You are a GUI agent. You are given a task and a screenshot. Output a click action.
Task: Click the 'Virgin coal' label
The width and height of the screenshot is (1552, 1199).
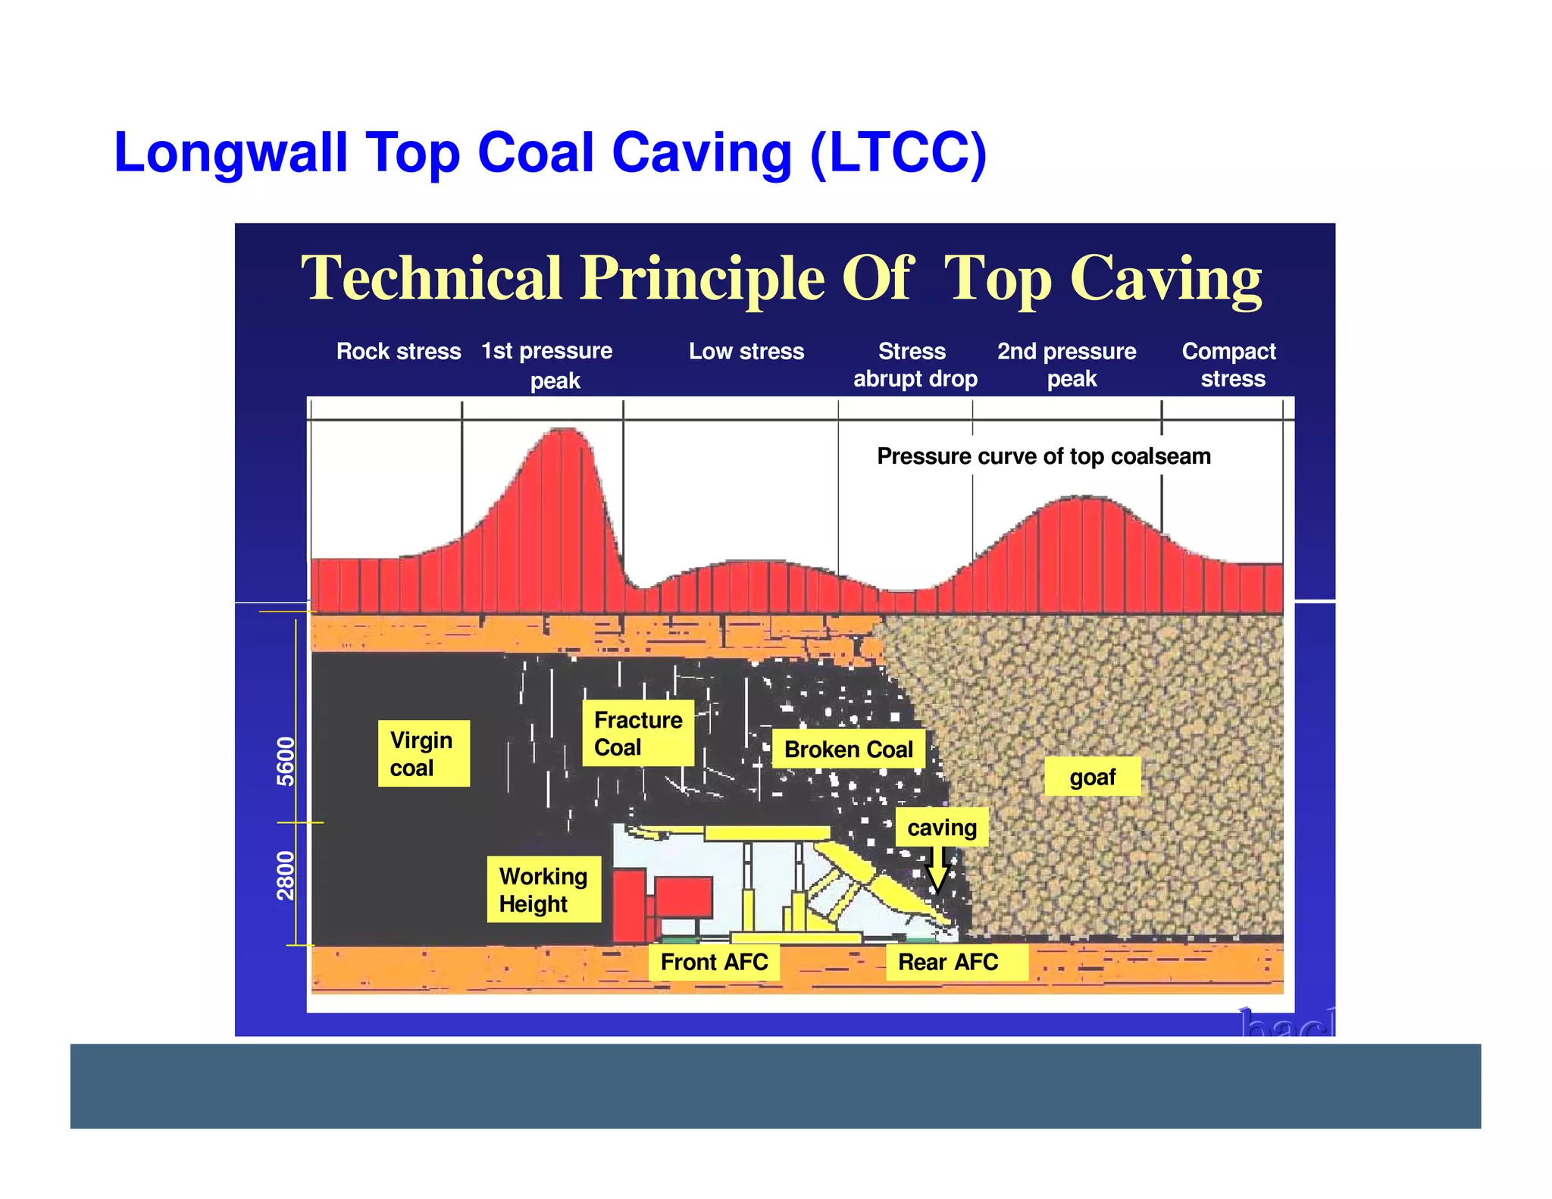coord(424,753)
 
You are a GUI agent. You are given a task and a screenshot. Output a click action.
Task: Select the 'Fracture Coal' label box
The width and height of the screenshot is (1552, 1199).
coord(638,733)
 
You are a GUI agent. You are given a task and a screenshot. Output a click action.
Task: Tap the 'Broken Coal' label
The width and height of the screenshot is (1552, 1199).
coord(848,749)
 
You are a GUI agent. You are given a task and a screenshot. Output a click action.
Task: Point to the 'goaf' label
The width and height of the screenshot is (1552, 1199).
coord(1092,776)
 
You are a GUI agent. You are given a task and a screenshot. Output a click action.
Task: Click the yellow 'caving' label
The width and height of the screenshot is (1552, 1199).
coord(942,827)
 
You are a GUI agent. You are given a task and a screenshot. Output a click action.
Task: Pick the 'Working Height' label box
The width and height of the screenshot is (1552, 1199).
coord(543,889)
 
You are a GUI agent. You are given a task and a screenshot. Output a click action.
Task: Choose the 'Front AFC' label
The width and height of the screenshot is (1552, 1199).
coord(714,962)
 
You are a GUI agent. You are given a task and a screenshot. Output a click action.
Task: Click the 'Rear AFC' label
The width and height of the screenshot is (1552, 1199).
coord(948,962)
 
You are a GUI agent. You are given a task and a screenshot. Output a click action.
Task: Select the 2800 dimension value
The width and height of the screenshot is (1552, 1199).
coord(285,875)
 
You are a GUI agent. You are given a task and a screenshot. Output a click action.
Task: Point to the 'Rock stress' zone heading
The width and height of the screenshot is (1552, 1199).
coord(399,351)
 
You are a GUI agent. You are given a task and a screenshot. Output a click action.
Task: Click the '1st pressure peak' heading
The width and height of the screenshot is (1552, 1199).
coord(547,365)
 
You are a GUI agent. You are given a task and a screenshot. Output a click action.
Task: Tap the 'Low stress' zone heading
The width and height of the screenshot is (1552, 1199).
coord(746,351)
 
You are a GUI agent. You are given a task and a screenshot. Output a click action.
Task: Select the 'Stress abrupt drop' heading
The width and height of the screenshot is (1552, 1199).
coord(915,365)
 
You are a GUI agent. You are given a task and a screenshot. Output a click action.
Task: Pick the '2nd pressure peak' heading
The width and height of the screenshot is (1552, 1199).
coord(1067,365)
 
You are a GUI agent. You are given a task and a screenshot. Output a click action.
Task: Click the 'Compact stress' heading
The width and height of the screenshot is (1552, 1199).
coord(1229,365)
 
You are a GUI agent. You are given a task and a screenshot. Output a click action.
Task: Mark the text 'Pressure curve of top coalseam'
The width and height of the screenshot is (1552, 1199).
coord(1044,456)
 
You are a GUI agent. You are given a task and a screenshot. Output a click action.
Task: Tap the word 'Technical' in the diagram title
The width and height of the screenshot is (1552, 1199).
coord(431,278)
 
